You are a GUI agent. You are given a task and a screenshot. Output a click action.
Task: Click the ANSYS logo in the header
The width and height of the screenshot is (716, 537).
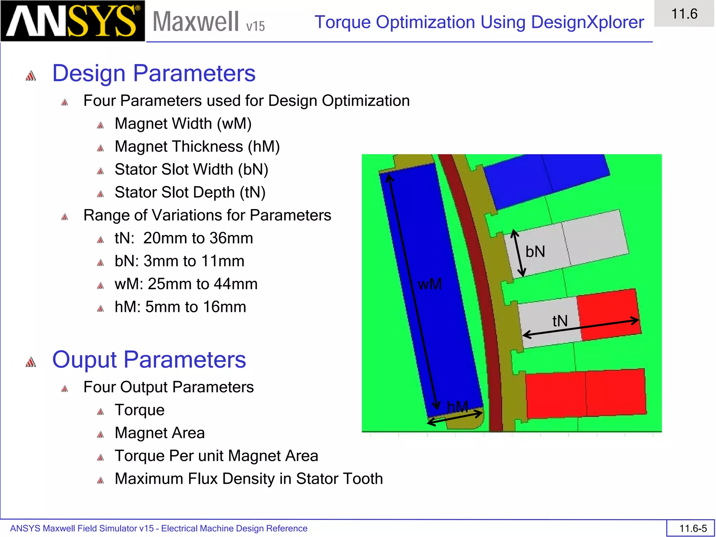pyautogui.click(x=72, y=21)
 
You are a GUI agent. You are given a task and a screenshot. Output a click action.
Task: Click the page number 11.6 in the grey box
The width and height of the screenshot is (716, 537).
pyautogui.click(x=684, y=14)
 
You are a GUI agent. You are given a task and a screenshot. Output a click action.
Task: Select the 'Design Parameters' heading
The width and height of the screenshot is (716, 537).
pyautogui.click(x=154, y=73)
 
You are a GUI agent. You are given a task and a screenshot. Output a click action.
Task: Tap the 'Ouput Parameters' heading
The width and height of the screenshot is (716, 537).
pyautogui.click(x=149, y=360)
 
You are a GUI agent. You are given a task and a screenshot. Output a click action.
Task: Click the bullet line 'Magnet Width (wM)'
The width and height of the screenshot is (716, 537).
pyautogui.click(x=183, y=124)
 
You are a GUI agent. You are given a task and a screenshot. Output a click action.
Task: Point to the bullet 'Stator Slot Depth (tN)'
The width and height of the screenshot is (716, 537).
pyautogui.click(x=190, y=193)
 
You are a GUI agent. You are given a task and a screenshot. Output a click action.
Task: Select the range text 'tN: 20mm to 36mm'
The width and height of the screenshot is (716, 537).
pyautogui.click(x=184, y=238)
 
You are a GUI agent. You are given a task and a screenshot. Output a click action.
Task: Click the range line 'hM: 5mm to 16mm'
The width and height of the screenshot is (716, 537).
pyautogui.click(x=180, y=307)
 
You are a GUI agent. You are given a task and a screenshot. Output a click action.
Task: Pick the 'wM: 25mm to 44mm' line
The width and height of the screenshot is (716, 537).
pyautogui.click(x=186, y=284)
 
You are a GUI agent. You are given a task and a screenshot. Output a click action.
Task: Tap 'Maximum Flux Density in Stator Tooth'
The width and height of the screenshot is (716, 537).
pyautogui.click(x=249, y=479)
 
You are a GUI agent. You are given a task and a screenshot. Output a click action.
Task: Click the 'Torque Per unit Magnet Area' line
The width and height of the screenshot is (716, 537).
pyautogui.click(x=216, y=456)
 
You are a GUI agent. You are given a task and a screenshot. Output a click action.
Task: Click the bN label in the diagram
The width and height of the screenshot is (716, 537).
pyautogui.click(x=535, y=252)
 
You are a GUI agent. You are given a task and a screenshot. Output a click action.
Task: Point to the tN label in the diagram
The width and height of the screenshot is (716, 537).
pyautogui.click(x=560, y=321)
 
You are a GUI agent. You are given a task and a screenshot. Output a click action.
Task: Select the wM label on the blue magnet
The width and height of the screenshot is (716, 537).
pyautogui.click(x=430, y=284)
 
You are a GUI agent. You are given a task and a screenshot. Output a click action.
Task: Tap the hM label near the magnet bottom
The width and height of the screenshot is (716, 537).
pyautogui.click(x=457, y=407)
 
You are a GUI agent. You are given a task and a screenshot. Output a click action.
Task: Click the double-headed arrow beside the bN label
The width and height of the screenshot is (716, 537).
pyautogui.click(x=518, y=253)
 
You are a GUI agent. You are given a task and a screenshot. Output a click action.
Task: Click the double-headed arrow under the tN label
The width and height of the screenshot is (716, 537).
pyautogui.click(x=581, y=328)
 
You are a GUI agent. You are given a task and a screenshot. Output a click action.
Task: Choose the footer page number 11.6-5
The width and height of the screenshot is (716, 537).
pyautogui.click(x=693, y=528)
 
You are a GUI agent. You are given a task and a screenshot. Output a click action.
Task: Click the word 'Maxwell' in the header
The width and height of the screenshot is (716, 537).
pyautogui.click(x=196, y=22)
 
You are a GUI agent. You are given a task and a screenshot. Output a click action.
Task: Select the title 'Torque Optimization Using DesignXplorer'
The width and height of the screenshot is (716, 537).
pyautogui.click(x=479, y=22)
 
